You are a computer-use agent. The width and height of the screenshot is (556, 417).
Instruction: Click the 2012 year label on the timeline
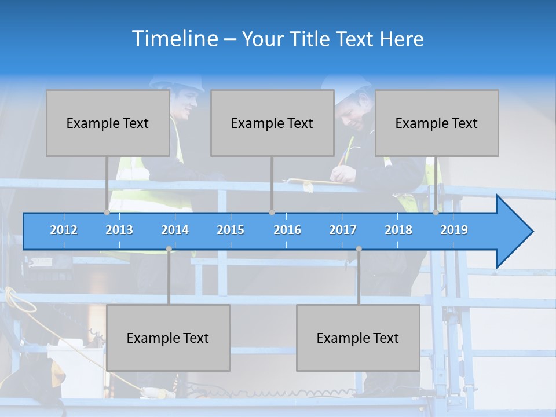[x=64, y=230]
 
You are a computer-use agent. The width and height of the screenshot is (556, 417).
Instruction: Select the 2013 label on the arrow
[x=119, y=230]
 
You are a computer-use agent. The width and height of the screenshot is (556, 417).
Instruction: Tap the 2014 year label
[x=175, y=230]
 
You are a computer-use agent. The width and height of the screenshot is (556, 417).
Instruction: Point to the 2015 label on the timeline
[x=231, y=230]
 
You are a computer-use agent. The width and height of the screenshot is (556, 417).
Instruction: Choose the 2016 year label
[x=287, y=230]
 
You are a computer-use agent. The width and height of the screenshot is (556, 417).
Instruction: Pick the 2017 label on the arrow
[x=343, y=230]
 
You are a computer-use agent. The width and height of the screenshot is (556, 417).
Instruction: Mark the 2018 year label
[x=398, y=230]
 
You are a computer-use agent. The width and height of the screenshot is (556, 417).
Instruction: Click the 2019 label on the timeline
[x=454, y=230]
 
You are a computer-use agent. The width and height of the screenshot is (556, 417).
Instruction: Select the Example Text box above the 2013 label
[x=108, y=123]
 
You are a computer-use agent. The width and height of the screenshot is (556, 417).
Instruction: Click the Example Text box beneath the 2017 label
[x=358, y=338]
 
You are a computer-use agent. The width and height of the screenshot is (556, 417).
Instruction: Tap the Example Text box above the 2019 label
[x=437, y=123]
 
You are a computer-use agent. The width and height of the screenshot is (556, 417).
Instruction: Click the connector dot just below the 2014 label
[x=169, y=248]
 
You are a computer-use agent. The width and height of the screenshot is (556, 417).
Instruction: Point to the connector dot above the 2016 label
[x=272, y=212]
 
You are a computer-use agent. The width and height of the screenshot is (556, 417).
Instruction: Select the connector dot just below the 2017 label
[x=359, y=248]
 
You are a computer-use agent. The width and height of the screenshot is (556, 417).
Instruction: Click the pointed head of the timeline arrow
[x=518, y=232]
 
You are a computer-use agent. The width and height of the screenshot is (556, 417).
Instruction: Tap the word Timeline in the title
[x=174, y=39]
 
